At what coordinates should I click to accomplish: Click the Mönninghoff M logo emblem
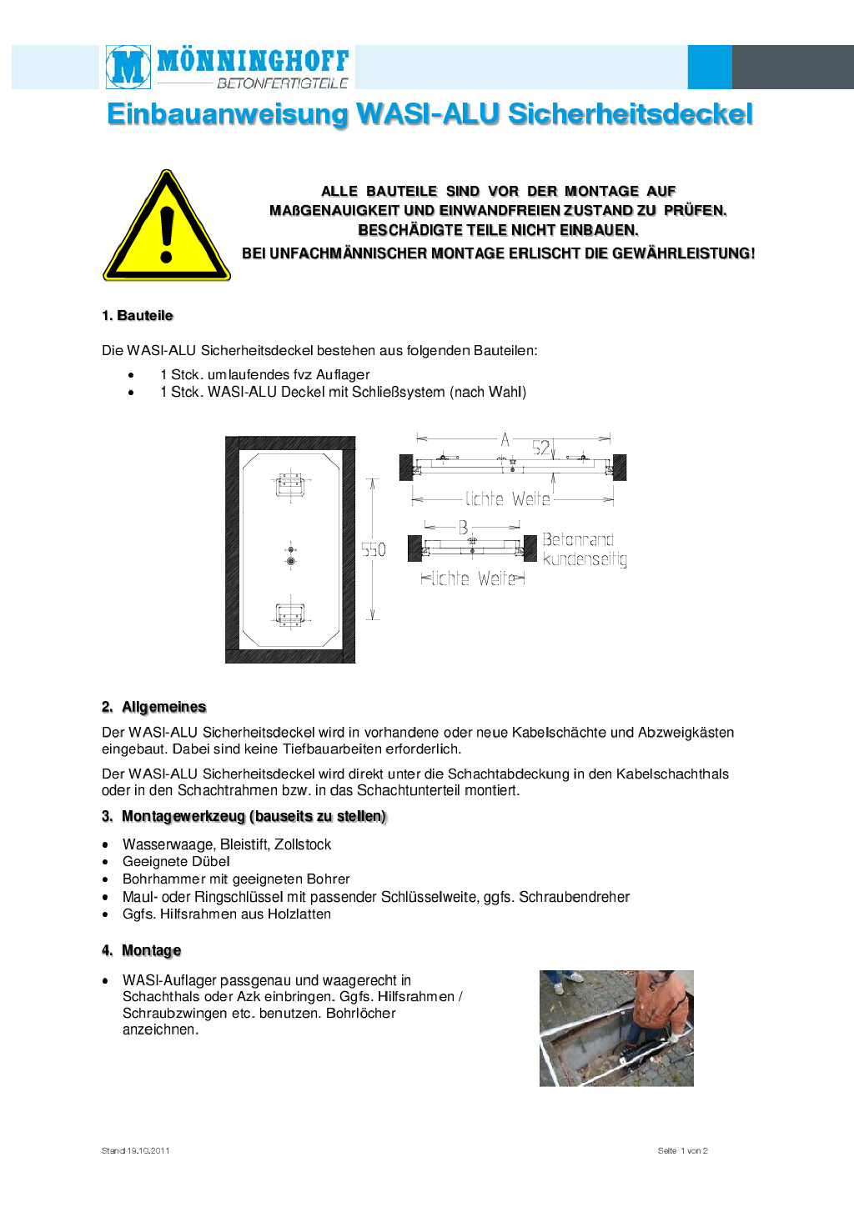(128, 67)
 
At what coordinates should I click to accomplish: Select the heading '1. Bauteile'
(138, 316)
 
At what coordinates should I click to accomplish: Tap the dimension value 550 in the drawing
(374, 550)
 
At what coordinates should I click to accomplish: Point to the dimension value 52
(541, 448)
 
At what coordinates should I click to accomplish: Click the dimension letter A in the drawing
(505, 439)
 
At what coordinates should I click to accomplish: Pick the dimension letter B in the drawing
(463, 528)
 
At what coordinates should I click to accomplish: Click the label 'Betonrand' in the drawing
(578, 540)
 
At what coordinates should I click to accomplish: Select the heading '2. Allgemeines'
(154, 708)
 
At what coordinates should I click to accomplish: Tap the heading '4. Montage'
(142, 951)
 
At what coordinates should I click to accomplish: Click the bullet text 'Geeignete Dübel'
(176, 862)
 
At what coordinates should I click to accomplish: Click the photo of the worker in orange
(616, 1028)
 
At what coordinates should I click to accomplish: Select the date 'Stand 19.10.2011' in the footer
(136, 1151)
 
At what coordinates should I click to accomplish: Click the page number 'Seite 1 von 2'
(682, 1151)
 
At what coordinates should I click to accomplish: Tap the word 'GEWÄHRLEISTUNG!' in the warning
(683, 253)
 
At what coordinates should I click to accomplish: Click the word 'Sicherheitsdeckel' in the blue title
(630, 114)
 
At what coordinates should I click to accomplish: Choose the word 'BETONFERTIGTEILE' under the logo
(282, 83)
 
